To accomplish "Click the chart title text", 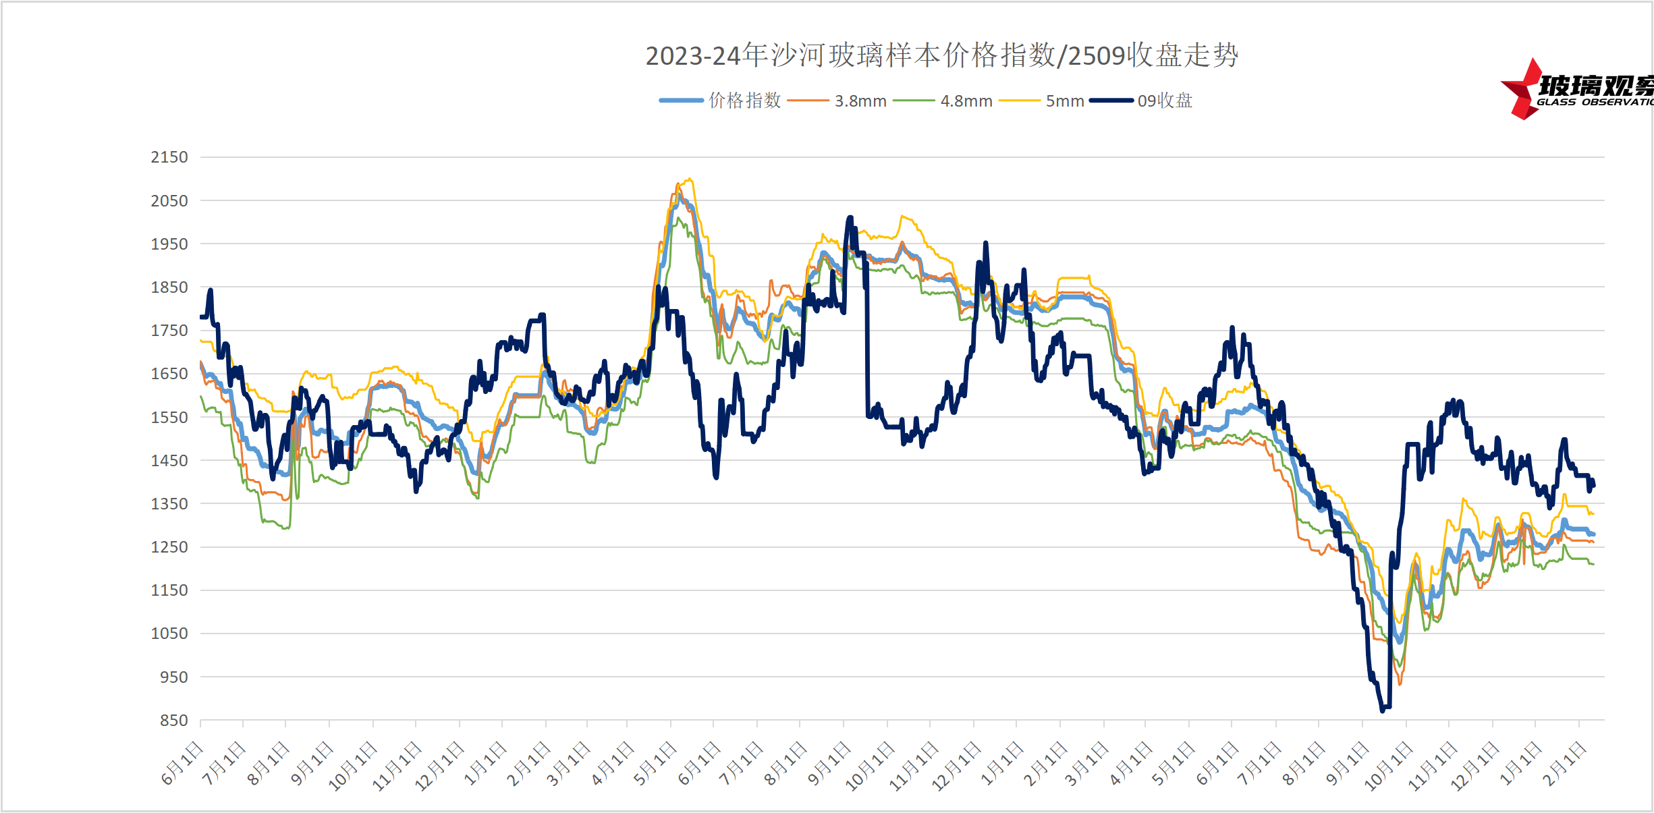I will [x=941, y=55].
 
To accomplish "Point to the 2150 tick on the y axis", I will [x=169, y=157].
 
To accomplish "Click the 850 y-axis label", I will [x=173, y=721].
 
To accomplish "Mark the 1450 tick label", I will [x=169, y=461].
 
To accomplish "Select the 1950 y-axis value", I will [x=169, y=244].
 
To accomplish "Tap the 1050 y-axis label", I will [x=169, y=634].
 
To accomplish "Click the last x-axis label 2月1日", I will [x=1564, y=764].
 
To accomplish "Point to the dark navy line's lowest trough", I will [x=1382, y=710].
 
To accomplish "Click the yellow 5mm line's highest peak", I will [x=689, y=179].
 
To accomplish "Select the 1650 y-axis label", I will [x=169, y=374].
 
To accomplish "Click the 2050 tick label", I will [x=169, y=201].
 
